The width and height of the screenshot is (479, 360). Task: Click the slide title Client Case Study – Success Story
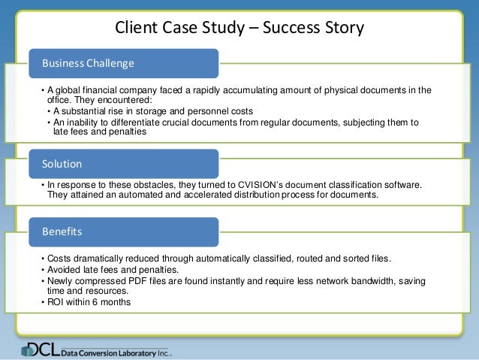click(239, 29)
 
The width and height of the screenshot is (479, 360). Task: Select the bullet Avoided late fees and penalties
click(113, 269)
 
